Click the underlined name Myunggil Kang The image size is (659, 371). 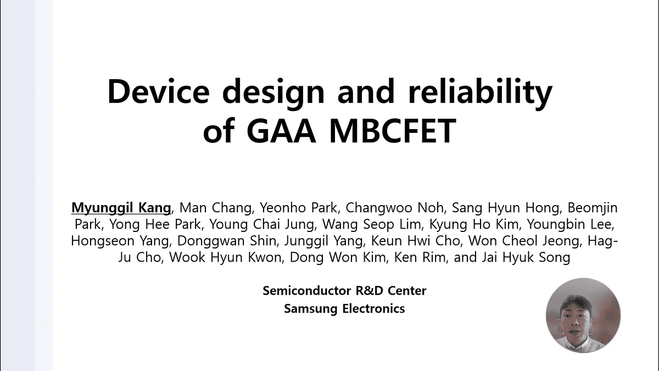click(121, 208)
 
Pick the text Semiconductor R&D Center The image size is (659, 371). click(344, 290)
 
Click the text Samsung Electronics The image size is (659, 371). click(344, 308)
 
